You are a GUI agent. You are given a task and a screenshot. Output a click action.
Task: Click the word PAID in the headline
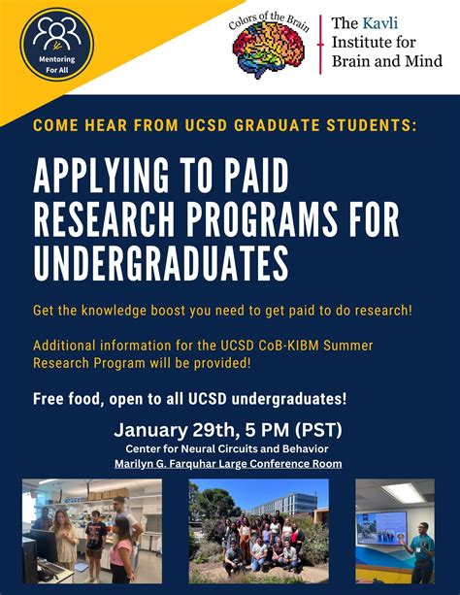tap(250, 180)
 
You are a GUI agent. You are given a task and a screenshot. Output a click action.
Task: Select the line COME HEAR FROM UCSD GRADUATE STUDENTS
tap(224, 125)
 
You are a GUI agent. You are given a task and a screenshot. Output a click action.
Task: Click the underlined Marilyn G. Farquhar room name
tap(230, 462)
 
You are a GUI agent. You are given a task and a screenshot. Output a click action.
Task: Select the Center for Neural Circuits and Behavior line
tap(230, 447)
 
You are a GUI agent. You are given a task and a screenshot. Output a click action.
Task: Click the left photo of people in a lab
tap(91, 530)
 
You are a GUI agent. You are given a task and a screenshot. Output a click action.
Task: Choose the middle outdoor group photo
tap(258, 530)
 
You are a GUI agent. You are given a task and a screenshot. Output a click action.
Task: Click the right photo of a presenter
tap(394, 530)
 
